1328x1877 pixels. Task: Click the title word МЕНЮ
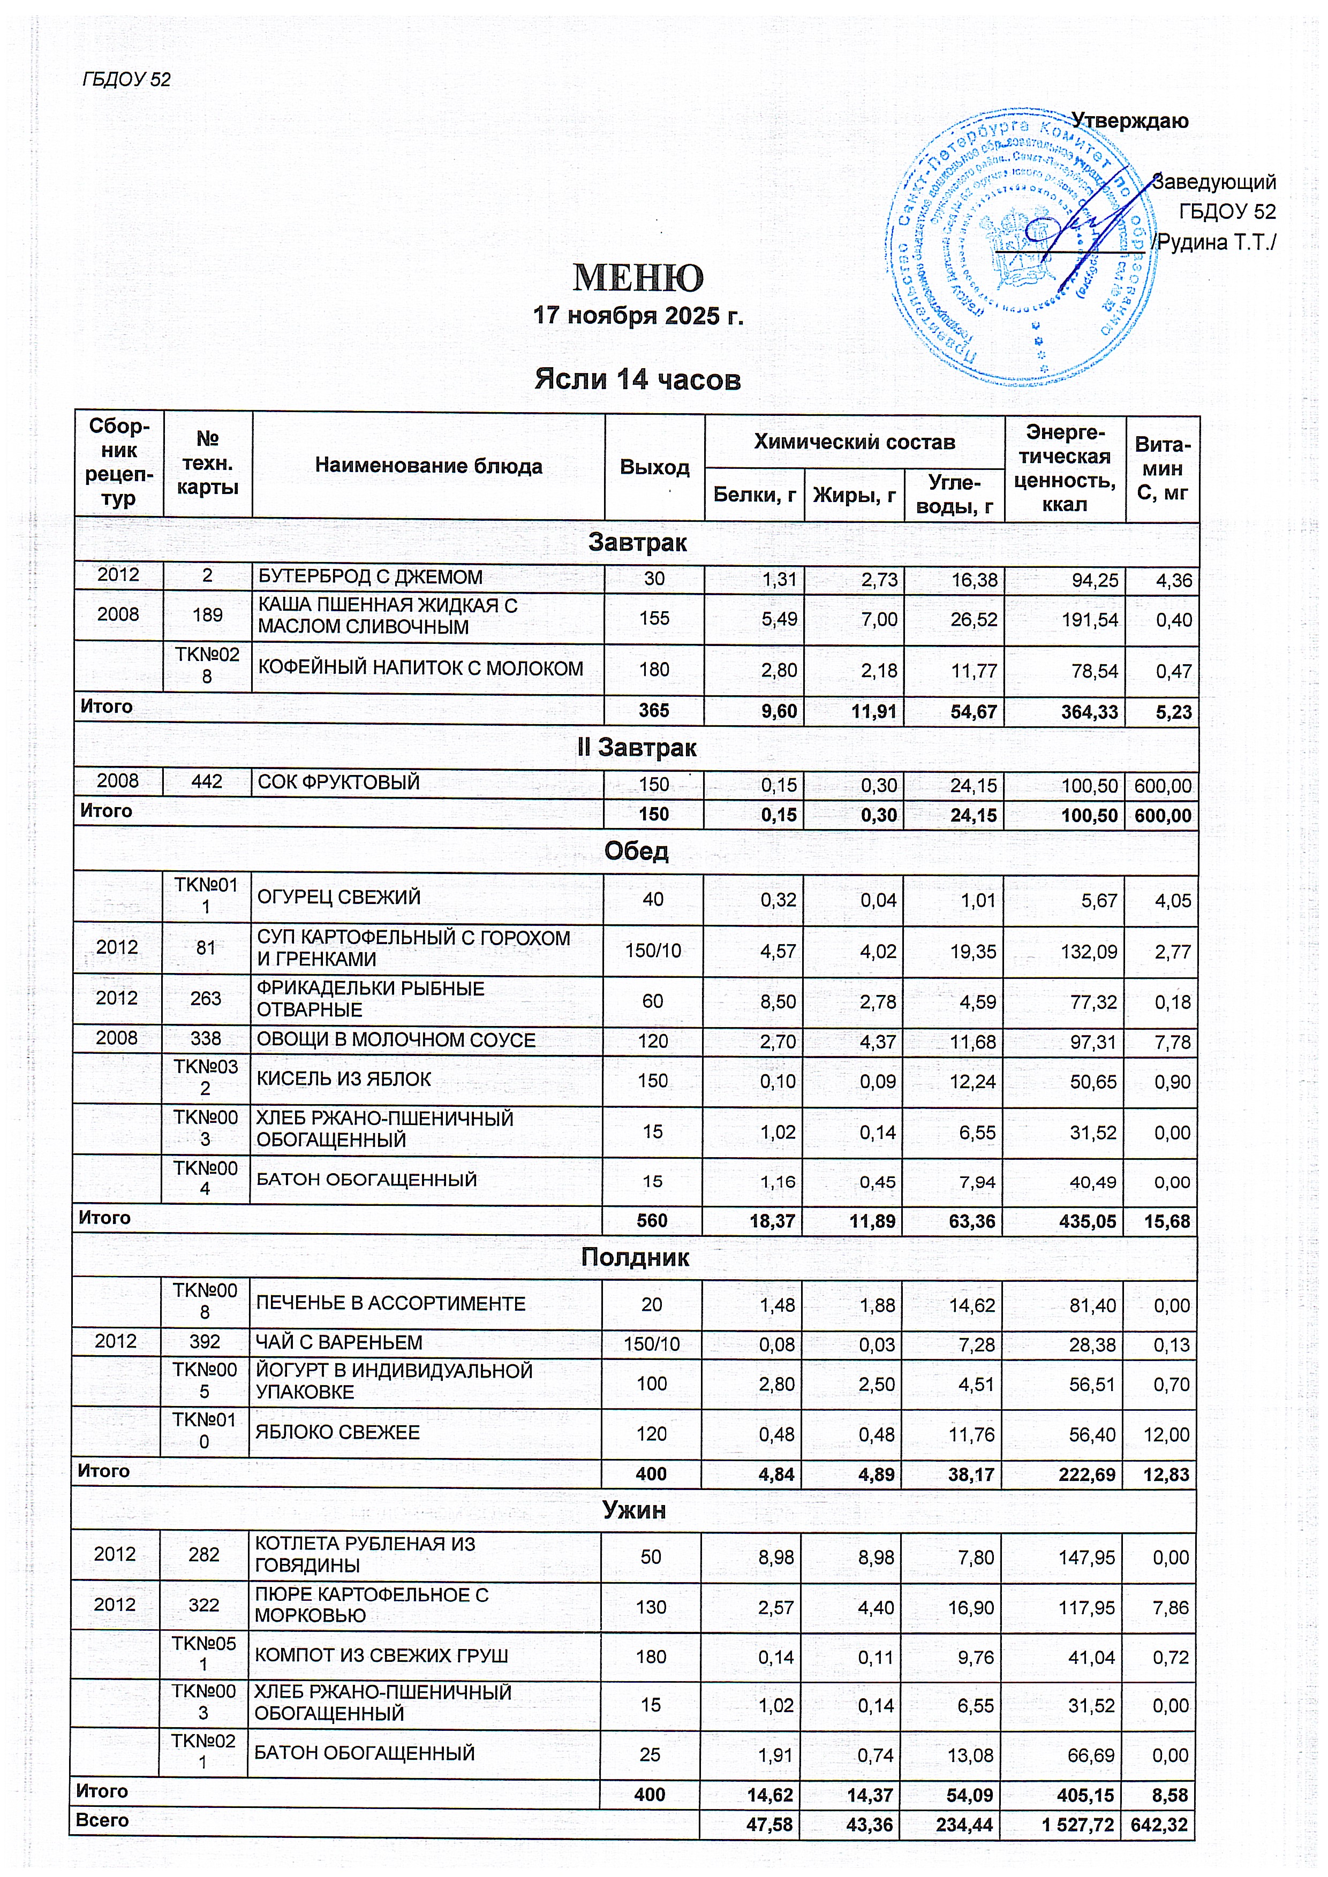[638, 278]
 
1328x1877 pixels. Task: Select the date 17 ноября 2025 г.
[638, 316]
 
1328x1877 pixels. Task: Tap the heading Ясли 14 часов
[638, 379]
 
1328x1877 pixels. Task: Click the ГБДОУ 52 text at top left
[127, 79]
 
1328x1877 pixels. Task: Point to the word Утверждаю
[1130, 121]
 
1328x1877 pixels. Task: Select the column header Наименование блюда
[428, 466]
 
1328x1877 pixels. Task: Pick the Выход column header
[654, 467]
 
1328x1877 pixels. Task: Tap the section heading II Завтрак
[637, 747]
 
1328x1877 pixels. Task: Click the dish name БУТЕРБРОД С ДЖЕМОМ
[371, 577]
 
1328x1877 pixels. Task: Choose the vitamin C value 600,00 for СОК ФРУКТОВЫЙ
[1162, 786]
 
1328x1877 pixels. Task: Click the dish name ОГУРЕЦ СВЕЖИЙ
[338, 897]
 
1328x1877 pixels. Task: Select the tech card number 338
[206, 1038]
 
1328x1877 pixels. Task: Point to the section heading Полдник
[636, 1257]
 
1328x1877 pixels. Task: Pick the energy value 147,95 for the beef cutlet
[1087, 1557]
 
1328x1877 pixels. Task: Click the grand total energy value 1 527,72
[1075, 1824]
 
